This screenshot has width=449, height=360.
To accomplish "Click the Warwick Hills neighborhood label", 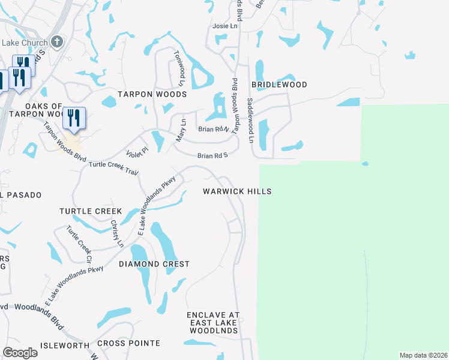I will click(x=237, y=191).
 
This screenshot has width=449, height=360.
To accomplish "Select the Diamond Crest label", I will click(x=154, y=264).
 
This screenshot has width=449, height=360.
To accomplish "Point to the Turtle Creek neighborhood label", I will click(x=91, y=211).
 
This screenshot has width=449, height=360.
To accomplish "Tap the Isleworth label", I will click(x=64, y=345).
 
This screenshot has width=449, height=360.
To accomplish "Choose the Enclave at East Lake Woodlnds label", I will click(x=213, y=323).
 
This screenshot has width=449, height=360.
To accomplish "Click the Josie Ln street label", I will click(x=226, y=27).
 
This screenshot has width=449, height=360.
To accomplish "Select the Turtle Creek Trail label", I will click(x=113, y=168).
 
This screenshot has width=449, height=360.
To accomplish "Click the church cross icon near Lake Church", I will click(x=57, y=41).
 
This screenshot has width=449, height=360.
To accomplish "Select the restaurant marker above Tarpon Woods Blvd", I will click(x=74, y=118).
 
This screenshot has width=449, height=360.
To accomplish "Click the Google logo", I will click(x=20, y=353).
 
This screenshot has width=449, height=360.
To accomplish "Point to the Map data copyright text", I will click(x=423, y=355).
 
